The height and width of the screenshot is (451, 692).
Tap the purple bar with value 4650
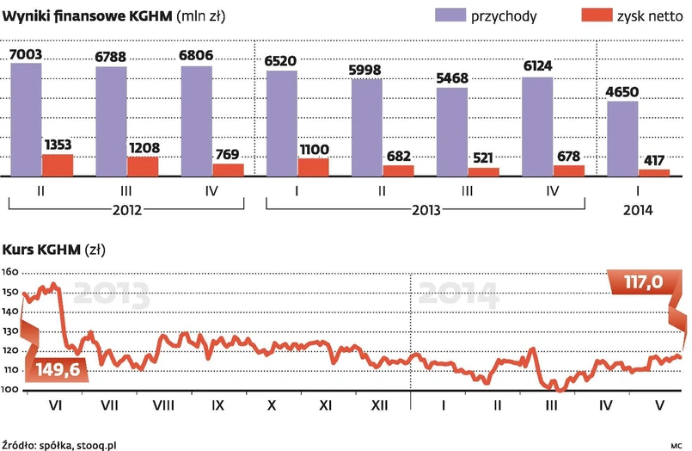click(x=623, y=139)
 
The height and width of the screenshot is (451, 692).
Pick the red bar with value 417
click(x=654, y=173)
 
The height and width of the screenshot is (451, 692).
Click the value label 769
click(x=228, y=154)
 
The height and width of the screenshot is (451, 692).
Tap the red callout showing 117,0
click(x=641, y=282)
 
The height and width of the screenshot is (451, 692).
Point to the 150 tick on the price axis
click(x=9, y=293)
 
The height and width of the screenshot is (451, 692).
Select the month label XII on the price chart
click(x=377, y=405)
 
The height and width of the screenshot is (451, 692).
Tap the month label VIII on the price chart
click(x=163, y=405)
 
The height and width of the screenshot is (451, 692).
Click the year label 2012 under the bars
click(x=126, y=209)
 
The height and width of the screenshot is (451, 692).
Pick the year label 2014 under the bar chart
click(x=639, y=209)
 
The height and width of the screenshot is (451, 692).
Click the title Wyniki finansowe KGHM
click(x=87, y=15)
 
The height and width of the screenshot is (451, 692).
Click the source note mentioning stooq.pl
click(x=60, y=444)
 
